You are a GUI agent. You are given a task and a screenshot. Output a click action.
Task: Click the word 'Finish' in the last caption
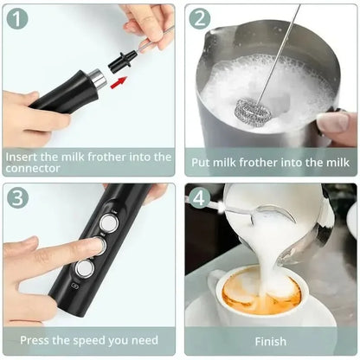pyautogui.click(x=270, y=340)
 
